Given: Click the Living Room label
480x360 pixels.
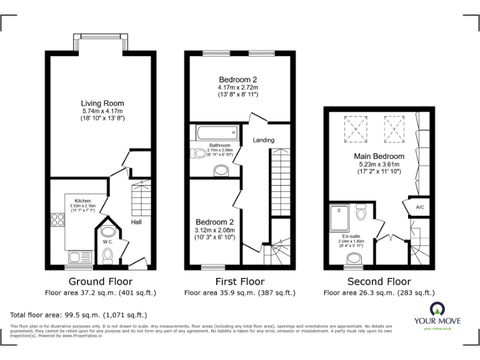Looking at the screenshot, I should (x=102, y=103).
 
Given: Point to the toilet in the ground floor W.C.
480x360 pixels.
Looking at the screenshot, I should (x=107, y=254).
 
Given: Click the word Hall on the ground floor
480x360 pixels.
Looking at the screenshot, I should (x=136, y=222).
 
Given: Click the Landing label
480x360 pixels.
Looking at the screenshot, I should (x=263, y=140).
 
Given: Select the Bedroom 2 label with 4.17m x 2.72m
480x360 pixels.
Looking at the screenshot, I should (x=237, y=80).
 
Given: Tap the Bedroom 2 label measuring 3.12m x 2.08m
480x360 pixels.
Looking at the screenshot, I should (x=214, y=222).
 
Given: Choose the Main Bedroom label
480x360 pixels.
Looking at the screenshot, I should (x=379, y=156).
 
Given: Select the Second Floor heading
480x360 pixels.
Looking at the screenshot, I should (x=379, y=281).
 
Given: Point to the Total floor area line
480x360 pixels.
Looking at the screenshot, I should (x=78, y=315).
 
